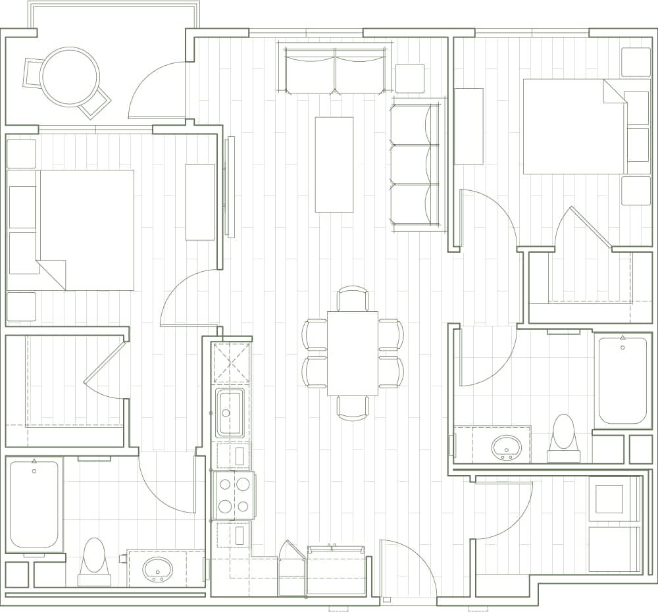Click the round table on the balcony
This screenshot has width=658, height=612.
(x=70, y=76)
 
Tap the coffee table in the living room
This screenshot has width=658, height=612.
(x=334, y=165)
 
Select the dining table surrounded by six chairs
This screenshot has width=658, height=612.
(x=353, y=353)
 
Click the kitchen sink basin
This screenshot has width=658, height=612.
(x=230, y=413)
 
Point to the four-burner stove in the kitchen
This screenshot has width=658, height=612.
(x=234, y=495)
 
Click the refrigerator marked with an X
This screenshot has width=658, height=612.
(x=232, y=363)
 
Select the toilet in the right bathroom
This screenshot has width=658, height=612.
(x=563, y=436)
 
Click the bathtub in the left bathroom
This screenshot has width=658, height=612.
(x=34, y=503)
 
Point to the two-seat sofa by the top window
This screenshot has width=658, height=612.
(x=335, y=71)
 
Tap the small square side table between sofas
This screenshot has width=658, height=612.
(x=410, y=78)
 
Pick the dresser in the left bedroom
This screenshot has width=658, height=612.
(x=200, y=202)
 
